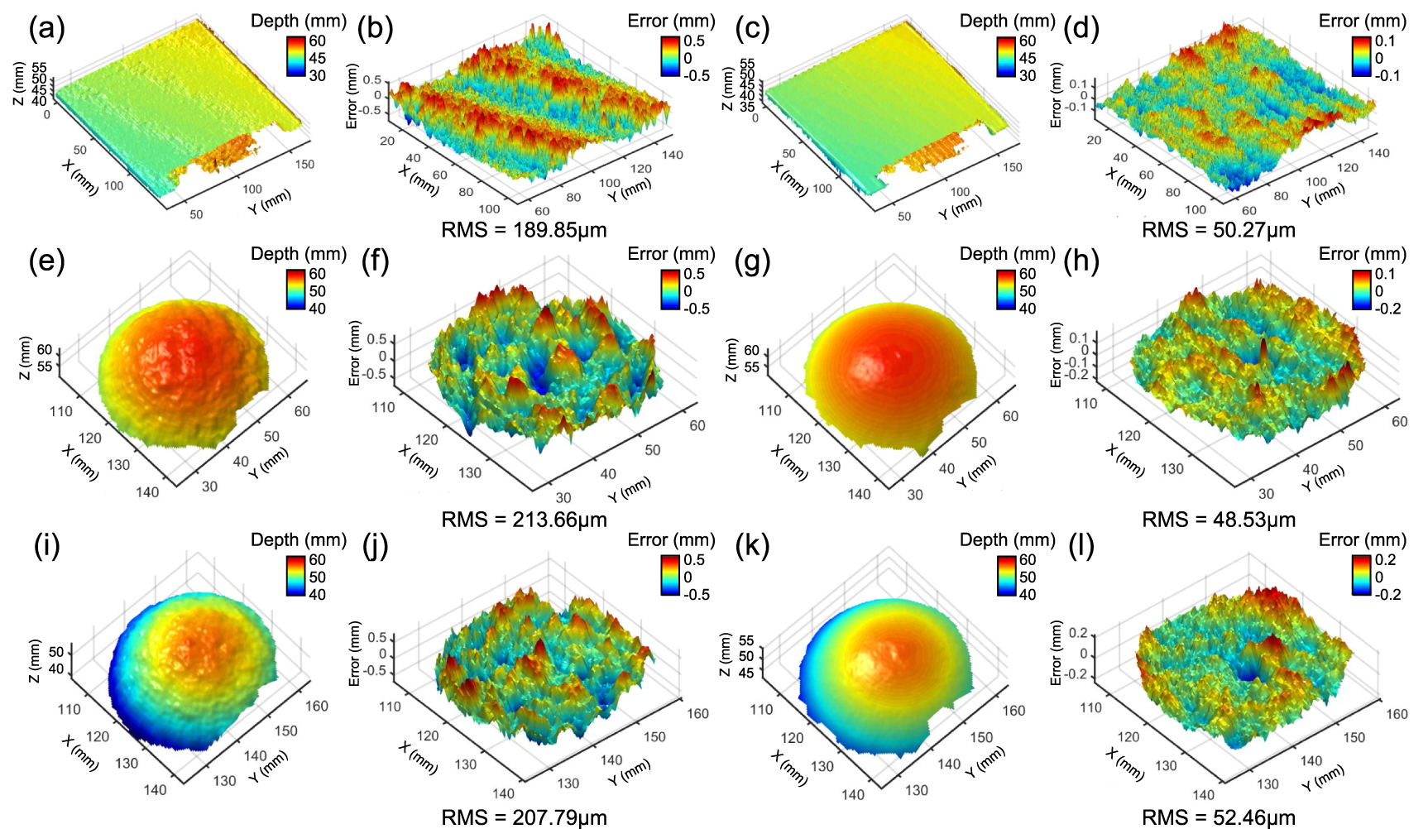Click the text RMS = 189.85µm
(524, 230)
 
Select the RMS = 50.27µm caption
(1218, 230)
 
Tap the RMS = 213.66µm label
(524, 520)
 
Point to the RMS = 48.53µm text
(1218, 520)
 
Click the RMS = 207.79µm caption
(524, 818)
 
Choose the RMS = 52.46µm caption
(1218, 818)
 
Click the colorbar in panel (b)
(669, 58)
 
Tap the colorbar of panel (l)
(1361, 577)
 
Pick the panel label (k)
(752, 547)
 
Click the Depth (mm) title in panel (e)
(298, 254)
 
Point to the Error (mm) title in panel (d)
(1362, 22)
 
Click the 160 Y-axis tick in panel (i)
(317, 706)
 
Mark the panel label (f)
(377, 262)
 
